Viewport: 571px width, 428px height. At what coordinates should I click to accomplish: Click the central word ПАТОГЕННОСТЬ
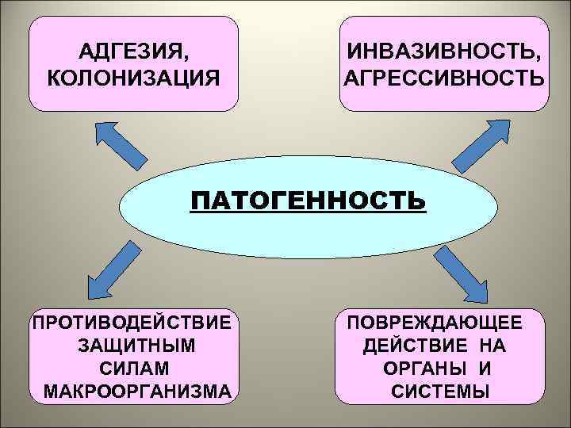point(308,201)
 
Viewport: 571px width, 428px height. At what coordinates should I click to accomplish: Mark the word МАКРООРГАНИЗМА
point(137,391)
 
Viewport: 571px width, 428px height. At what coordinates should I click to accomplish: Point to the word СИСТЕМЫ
point(440,391)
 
